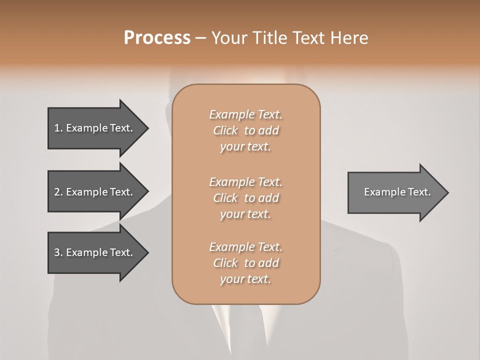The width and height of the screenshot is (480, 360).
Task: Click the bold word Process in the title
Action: click(157, 38)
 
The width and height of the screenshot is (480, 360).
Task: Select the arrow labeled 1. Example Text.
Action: click(95, 128)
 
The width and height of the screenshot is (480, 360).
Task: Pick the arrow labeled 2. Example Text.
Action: click(95, 192)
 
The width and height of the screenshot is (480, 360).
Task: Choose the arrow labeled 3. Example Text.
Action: click(95, 252)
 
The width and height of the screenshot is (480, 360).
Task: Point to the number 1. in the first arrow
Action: click(58, 128)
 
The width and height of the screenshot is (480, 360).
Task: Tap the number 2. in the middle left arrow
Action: click(58, 192)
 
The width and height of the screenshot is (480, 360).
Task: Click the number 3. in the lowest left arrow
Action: click(58, 252)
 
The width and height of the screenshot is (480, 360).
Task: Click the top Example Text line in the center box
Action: click(245, 114)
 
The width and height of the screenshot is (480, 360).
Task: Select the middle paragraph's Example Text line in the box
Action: click(245, 181)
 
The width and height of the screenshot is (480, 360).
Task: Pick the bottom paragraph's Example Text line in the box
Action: click(245, 247)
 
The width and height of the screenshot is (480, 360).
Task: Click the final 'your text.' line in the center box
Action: click(245, 279)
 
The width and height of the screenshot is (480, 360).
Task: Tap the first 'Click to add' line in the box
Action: click(245, 130)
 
